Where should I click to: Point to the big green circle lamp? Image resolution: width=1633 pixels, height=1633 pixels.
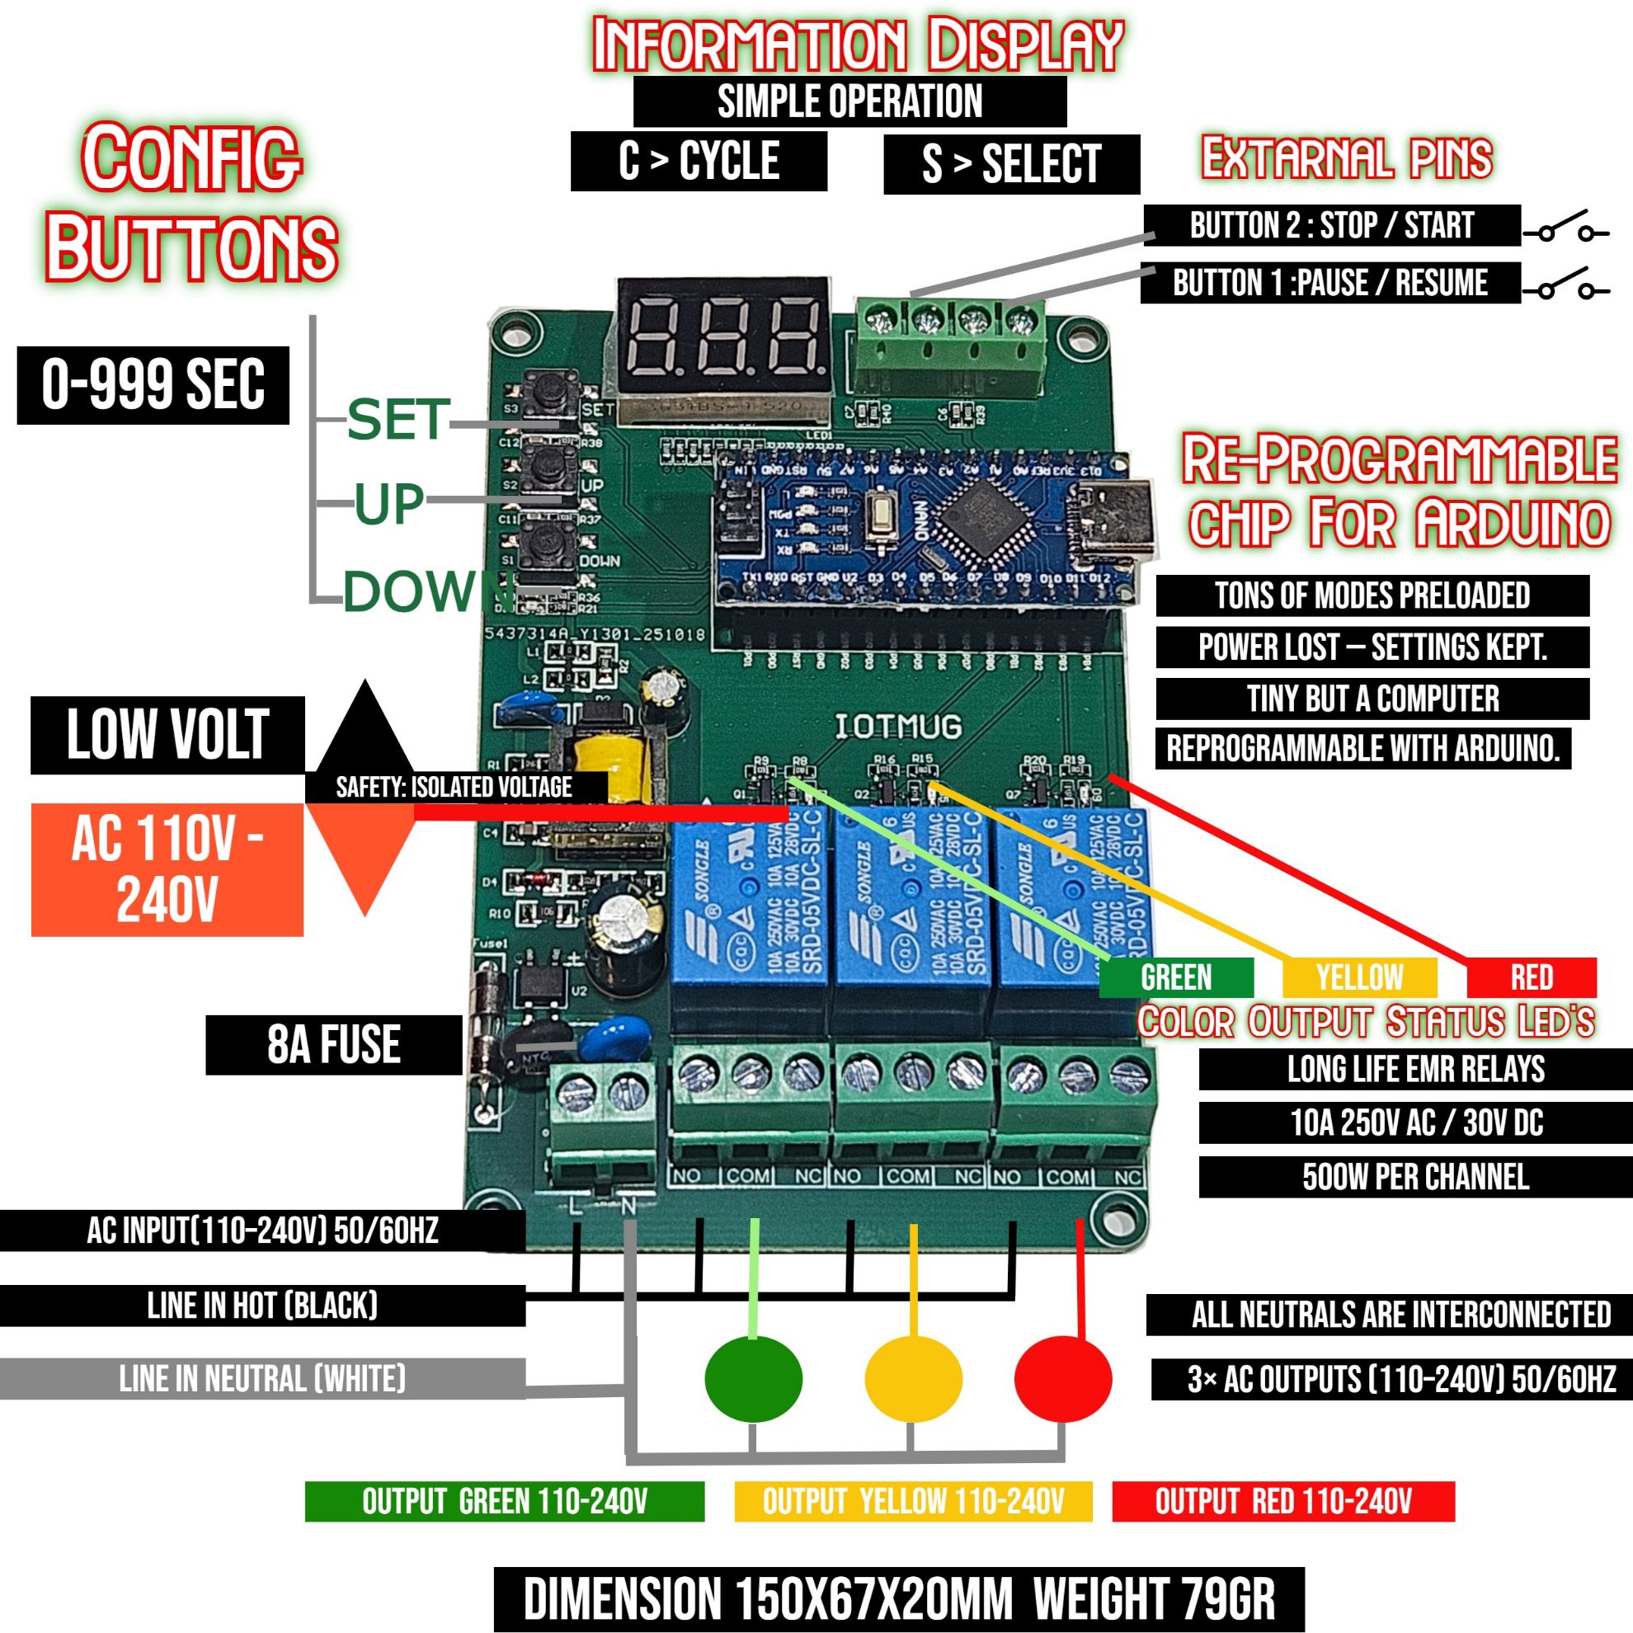(753, 1379)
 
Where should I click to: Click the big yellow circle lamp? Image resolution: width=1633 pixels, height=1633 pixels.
(913, 1379)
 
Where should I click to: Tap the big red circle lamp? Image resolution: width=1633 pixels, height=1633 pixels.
(1062, 1379)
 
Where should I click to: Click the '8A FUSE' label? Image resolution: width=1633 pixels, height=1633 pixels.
(334, 1045)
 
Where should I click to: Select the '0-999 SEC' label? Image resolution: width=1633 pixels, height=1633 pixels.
(153, 384)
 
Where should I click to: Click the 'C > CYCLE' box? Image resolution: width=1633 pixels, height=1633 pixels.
(699, 161)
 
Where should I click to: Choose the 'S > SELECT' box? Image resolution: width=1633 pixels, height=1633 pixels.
(1011, 163)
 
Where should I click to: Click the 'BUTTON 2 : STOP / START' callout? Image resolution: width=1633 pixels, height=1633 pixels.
(1331, 226)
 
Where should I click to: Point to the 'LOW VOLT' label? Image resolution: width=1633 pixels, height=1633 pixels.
(167, 735)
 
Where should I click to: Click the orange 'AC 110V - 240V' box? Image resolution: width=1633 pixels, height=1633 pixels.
(167, 869)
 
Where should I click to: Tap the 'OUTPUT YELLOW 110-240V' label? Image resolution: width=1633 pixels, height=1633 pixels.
(913, 1502)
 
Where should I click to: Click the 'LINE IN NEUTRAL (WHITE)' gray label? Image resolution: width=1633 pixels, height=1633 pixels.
(262, 1379)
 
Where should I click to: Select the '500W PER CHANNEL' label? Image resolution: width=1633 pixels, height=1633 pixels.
(1415, 1177)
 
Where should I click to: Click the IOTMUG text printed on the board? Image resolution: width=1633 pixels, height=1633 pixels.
(897, 726)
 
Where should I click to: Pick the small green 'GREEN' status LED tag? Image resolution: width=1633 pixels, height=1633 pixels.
(1176, 977)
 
